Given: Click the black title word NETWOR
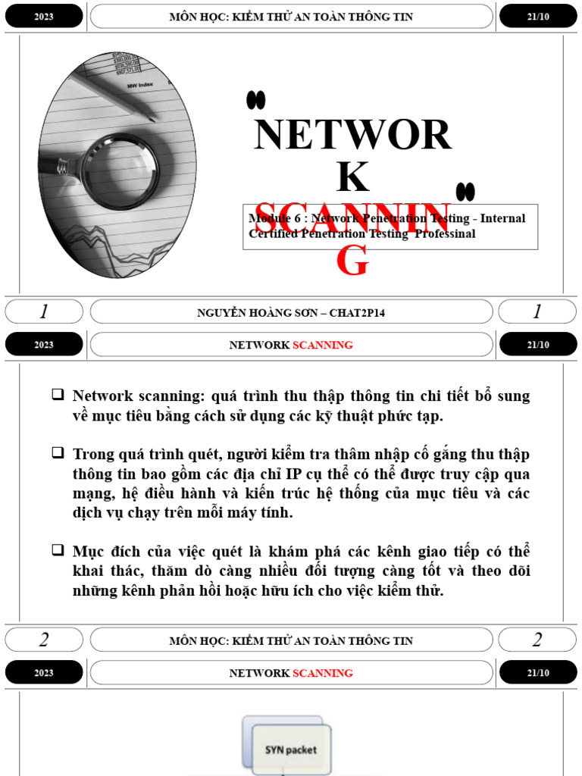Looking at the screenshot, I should (353, 135).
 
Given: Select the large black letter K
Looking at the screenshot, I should (352, 177).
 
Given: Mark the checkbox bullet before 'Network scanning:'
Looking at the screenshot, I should (58, 394).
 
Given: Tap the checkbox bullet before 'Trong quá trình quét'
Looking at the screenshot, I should (58, 452).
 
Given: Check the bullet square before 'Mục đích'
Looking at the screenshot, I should (58, 549).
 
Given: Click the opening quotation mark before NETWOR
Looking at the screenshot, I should (255, 99).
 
